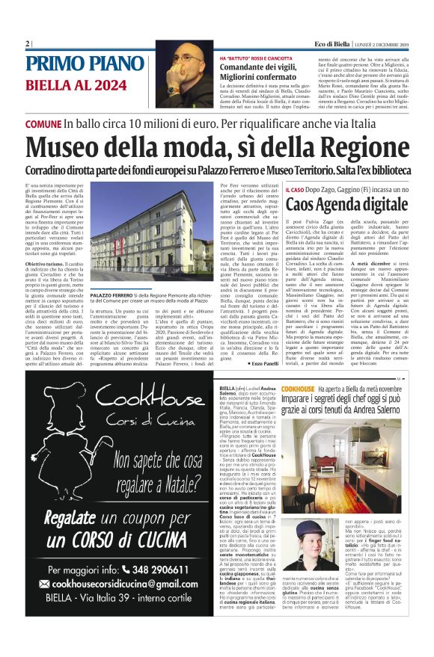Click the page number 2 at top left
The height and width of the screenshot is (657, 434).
pyautogui.click(x=27, y=43)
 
